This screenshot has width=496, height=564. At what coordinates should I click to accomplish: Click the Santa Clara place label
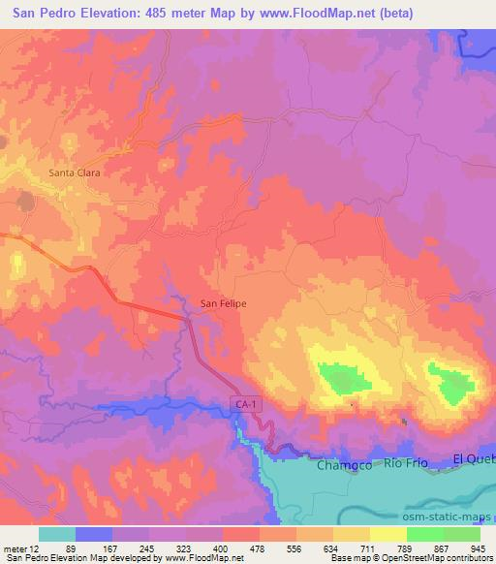point(76,173)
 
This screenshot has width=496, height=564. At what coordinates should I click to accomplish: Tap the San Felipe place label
point(223,303)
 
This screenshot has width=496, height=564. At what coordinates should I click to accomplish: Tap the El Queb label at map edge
point(474,458)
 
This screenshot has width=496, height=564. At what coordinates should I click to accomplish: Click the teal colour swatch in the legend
point(57,534)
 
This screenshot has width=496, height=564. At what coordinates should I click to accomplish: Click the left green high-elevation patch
point(340,378)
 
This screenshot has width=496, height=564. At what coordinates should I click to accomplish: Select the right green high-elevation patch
point(452,386)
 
